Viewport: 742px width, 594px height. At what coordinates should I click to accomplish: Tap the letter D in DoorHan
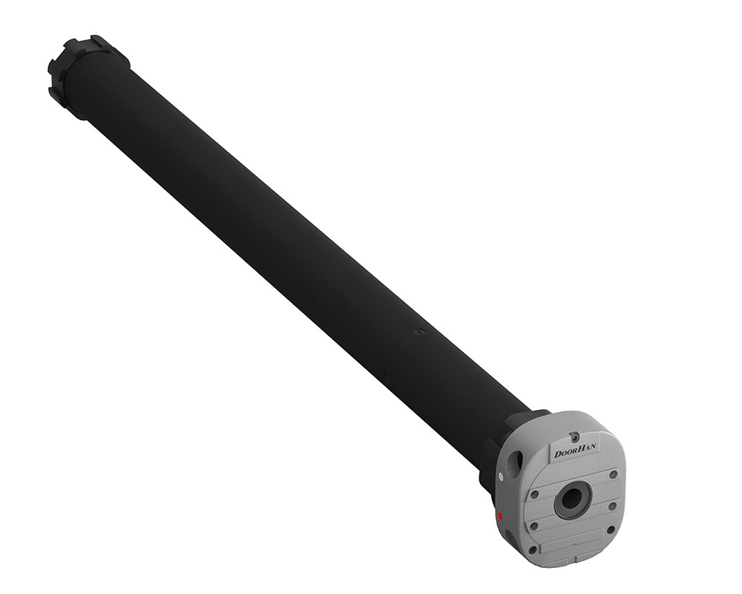pos(559,454)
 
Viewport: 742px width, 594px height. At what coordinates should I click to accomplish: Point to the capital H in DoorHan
pos(583,449)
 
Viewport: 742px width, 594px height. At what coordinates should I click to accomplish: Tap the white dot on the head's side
pos(501,476)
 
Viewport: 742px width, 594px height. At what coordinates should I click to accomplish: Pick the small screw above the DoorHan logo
pos(574,435)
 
